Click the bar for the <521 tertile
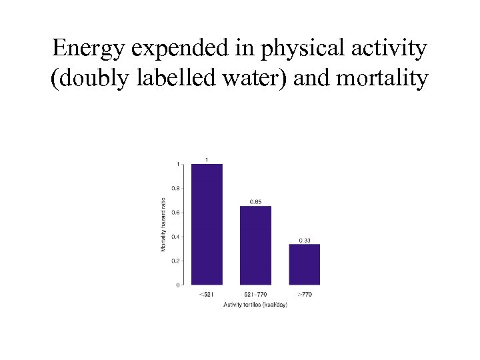pyautogui.click(x=207, y=224)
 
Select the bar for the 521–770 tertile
pyautogui.click(x=255, y=245)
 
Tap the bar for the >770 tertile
pyautogui.click(x=304, y=265)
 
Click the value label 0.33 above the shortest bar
pyautogui.click(x=304, y=240)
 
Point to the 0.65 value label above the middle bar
pyautogui.click(x=255, y=201)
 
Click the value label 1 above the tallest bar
pyautogui.click(x=207, y=159)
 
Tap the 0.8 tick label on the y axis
pyautogui.click(x=175, y=188)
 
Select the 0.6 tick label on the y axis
pyautogui.click(x=175, y=213)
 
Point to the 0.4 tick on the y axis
pyautogui.click(x=175, y=237)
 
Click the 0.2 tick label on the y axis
pyautogui.click(x=175, y=261)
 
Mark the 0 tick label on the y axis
pyautogui.click(x=177, y=285)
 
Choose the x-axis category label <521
pyautogui.click(x=207, y=294)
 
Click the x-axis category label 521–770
pyautogui.click(x=255, y=294)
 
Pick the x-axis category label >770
pyautogui.click(x=304, y=294)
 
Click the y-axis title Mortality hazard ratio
pyautogui.click(x=163, y=224)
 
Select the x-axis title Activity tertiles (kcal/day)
pyautogui.click(x=255, y=305)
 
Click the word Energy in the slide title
pyautogui.click(x=86, y=49)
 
